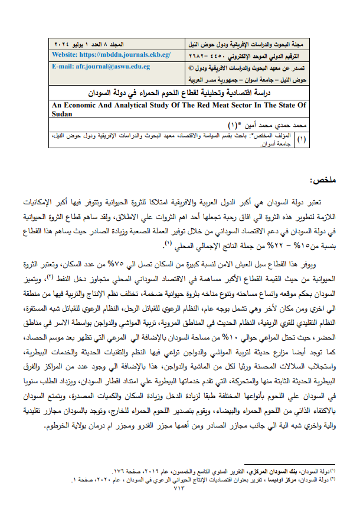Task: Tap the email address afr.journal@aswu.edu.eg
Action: [x=101, y=66]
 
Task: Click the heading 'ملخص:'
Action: [x=321, y=180]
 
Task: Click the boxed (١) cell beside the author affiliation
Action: [x=302, y=139]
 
